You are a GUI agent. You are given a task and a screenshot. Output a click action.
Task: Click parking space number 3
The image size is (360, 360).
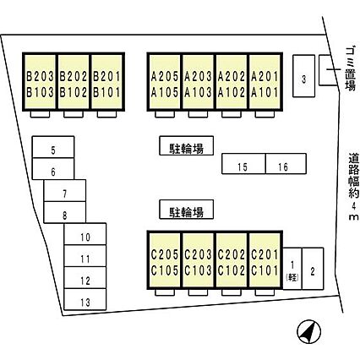coord(303,76)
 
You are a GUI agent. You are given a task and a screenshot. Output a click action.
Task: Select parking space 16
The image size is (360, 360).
coord(286,164)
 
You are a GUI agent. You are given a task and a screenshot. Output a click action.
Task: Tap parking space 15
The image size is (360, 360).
coord(243,164)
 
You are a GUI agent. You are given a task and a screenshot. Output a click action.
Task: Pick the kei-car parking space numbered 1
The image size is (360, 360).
coord(292,269)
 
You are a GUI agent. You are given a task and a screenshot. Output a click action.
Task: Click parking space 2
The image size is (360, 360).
coord(313,269)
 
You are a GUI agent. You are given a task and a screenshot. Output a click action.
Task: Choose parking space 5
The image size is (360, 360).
coord(53,147)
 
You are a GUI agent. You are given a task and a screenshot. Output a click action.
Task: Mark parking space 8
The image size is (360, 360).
coord(65,212)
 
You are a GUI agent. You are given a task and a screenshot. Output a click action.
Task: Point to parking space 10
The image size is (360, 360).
coord(85,234)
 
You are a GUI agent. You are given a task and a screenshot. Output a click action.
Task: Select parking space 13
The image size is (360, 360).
coord(85,299)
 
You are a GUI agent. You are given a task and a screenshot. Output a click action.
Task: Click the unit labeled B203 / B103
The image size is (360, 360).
coord(40,81)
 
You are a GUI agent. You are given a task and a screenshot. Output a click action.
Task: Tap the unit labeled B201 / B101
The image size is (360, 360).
coord(107,81)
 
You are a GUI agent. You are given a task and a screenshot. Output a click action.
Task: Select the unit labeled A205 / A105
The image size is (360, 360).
coord(165,81)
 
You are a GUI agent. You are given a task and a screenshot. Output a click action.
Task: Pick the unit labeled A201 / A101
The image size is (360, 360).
coord(265,81)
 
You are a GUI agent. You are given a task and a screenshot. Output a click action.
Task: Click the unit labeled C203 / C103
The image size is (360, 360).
coord(198,259)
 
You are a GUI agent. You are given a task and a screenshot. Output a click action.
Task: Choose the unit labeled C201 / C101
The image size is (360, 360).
coord(265,259)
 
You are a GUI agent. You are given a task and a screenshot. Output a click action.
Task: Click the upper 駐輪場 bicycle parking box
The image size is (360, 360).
coord(186,145)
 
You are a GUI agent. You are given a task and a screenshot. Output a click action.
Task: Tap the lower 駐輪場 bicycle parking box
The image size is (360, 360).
coord(186,210)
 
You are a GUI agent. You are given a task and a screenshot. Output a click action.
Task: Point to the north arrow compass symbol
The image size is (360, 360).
coord(309,331)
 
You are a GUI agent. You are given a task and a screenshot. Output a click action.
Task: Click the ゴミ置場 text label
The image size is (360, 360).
coord(351,69)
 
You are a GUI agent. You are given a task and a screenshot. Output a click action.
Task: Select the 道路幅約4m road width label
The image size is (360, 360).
coord(353,187)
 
